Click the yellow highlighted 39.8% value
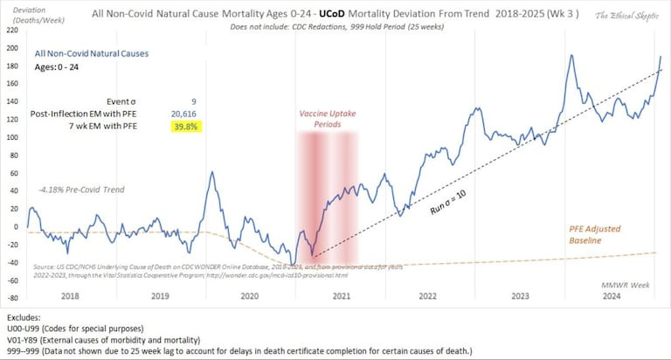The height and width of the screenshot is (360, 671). (187, 127)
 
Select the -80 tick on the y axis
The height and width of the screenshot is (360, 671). (11, 298)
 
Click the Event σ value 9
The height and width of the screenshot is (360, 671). (193, 100)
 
